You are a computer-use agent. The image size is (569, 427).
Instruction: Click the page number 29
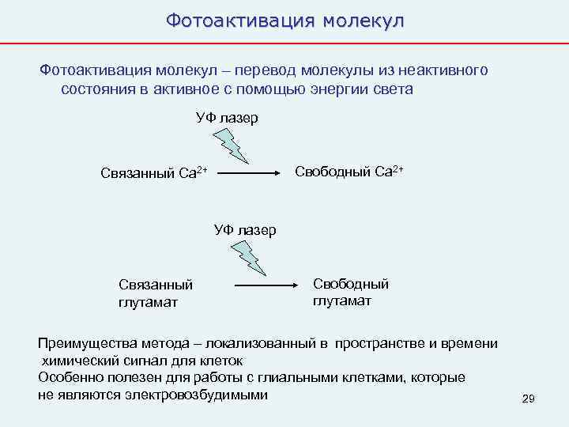(529, 399)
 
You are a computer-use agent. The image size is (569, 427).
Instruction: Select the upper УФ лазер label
(227, 119)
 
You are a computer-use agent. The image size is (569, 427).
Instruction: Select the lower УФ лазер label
(245, 231)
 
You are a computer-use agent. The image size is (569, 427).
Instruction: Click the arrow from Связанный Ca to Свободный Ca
(251, 172)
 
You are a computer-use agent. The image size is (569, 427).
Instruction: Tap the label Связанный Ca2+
(154, 173)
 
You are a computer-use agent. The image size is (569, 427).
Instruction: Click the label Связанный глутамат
(155, 293)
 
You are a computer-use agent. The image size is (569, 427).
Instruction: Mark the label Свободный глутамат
(351, 292)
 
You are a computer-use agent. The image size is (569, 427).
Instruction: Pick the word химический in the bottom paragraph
(77, 361)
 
